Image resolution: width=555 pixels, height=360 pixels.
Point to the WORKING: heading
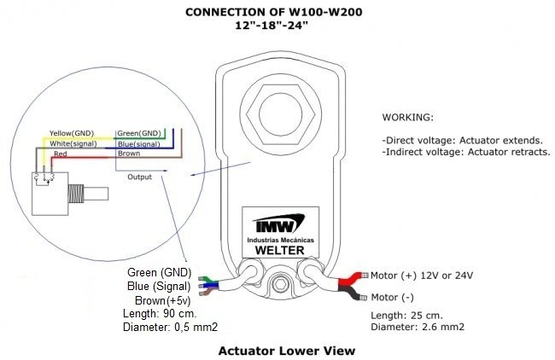coord(408,116)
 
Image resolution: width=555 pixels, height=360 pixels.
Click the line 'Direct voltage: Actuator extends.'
coord(449,139)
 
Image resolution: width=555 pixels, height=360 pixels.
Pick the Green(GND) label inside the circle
coord(138,133)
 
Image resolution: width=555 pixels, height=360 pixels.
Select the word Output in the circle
coord(139,177)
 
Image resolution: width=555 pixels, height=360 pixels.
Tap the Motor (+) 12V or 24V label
coord(422,276)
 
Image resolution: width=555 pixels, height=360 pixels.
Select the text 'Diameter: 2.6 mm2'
coord(418,326)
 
